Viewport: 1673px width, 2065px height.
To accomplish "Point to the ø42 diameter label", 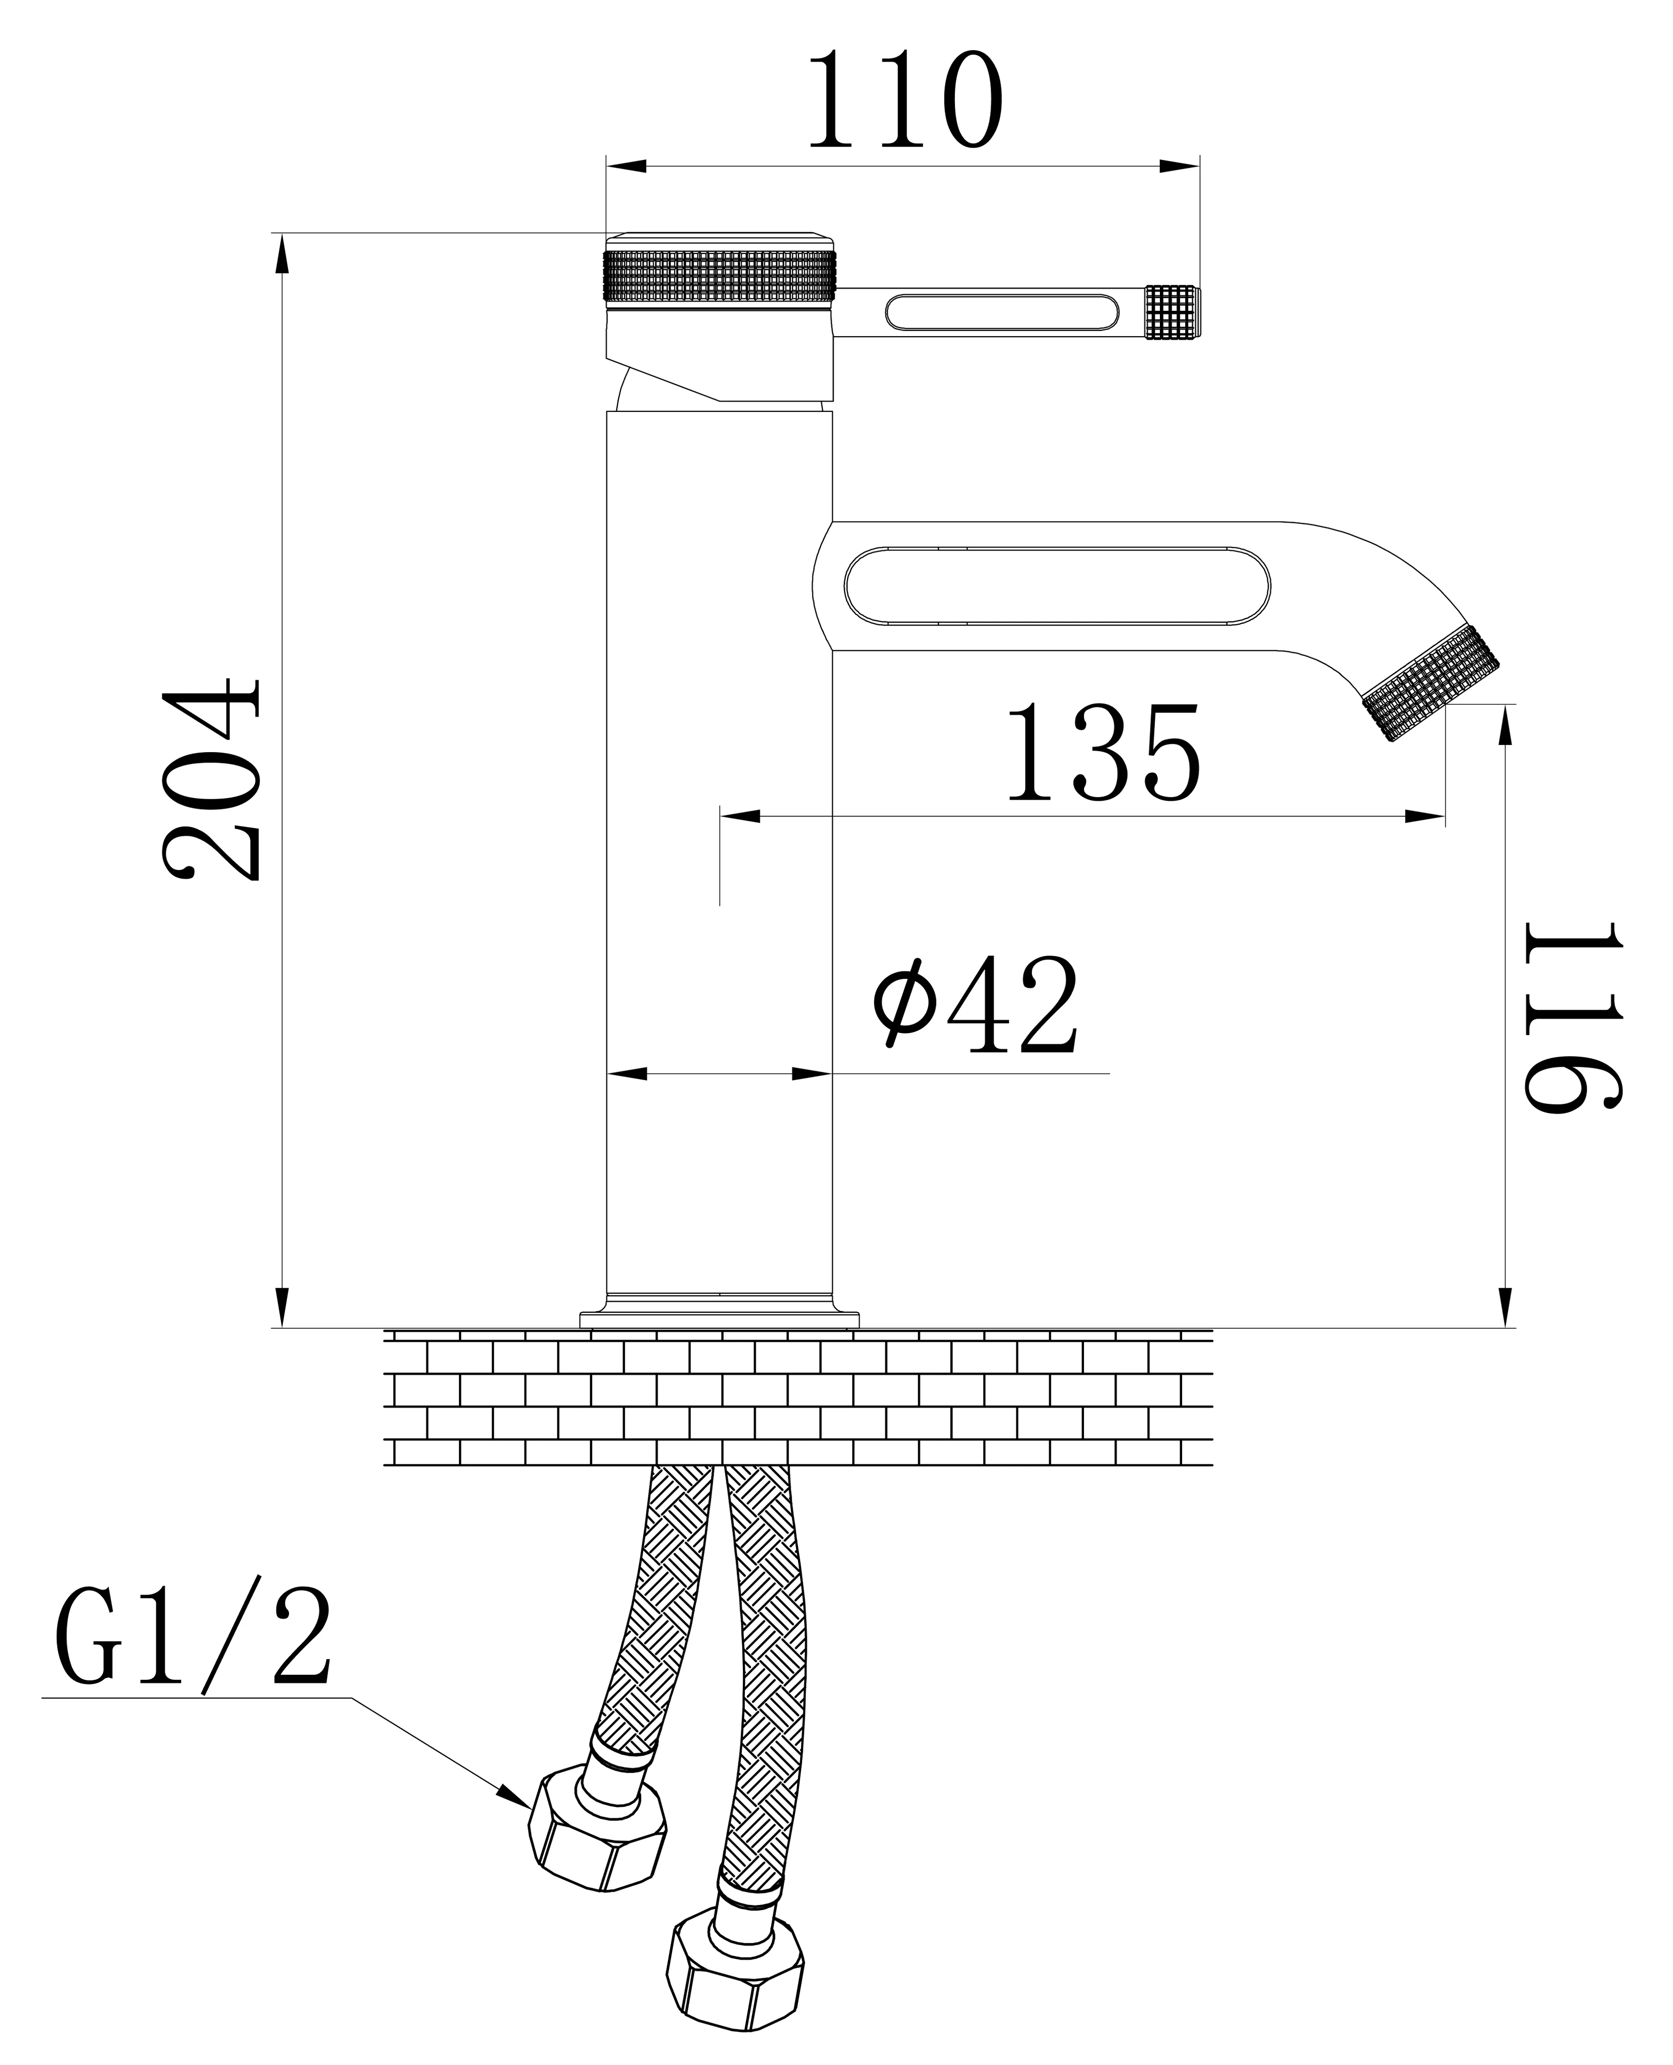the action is [975, 1005].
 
